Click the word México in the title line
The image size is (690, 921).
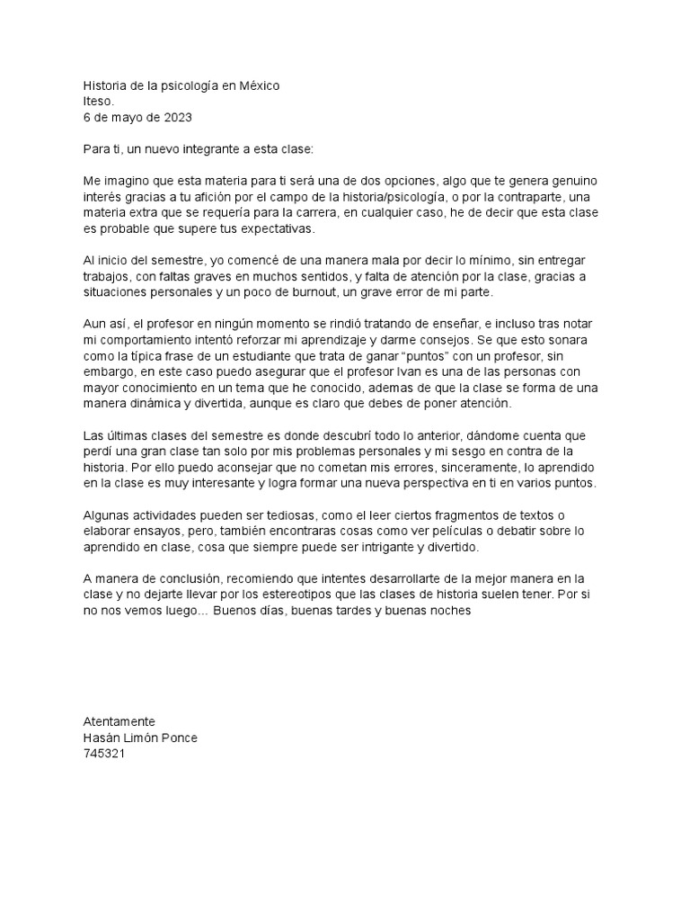[x=257, y=85]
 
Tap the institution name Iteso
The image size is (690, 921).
[x=99, y=102]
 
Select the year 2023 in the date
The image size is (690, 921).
[x=176, y=117]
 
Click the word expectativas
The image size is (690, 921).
[x=277, y=229]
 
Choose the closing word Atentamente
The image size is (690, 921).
[x=119, y=721]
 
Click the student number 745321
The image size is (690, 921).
[x=103, y=755]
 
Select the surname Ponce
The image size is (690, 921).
[x=180, y=738]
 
